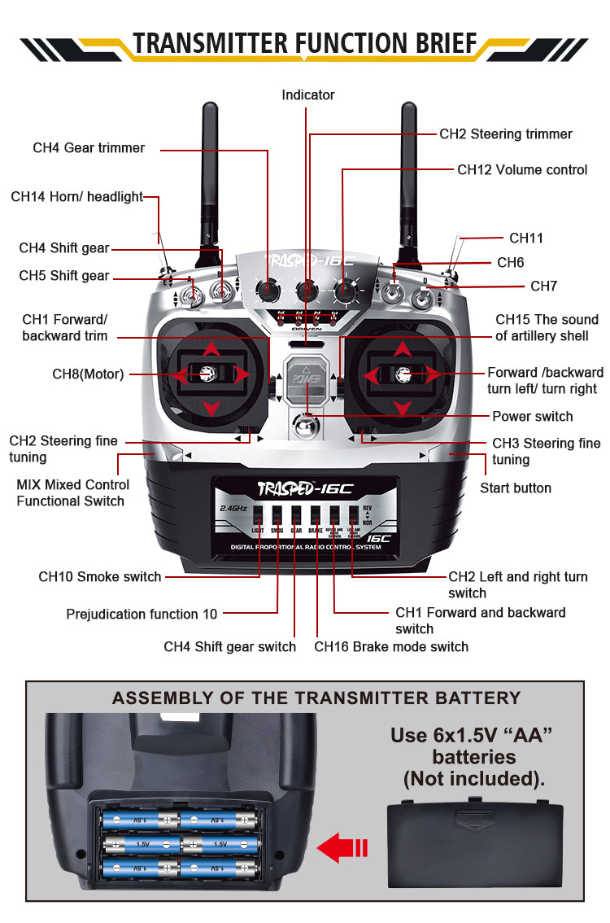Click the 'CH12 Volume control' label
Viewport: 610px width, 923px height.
point(521,170)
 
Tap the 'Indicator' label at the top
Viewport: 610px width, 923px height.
point(308,95)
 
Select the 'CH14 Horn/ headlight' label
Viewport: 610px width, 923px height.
point(76,197)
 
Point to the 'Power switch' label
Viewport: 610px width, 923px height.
point(532,417)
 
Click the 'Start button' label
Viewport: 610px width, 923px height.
point(515,488)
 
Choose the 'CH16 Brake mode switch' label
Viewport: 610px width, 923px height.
point(391,647)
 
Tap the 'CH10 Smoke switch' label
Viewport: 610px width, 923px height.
point(99,577)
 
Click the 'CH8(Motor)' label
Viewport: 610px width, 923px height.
point(88,374)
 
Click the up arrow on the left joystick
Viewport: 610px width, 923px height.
point(211,349)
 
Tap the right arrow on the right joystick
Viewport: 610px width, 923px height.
point(432,375)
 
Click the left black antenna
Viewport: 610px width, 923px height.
point(210,163)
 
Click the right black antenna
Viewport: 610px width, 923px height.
point(408,163)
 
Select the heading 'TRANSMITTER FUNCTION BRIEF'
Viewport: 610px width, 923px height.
point(304,43)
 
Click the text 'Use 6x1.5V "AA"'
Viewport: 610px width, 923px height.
point(472,736)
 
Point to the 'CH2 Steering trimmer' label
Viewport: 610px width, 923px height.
point(506,134)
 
